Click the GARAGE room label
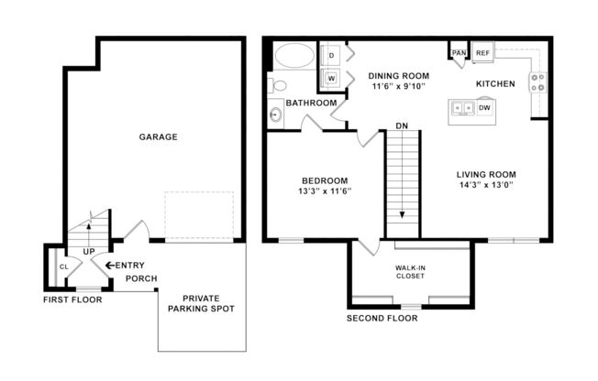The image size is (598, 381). pyautogui.click(x=158, y=137)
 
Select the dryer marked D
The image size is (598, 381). pyautogui.click(x=331, y=56)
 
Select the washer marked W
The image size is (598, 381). pyautogui.click(x=331, y=78)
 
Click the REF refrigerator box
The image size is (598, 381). pyautogui.click(x=482, y=53)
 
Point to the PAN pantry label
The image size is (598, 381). pyautogui.click(x=458, y=53)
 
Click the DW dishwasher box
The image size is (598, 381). pyautogui.click(x=484, y=108)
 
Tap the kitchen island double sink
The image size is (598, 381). pyautogui.click(x=461, y=108)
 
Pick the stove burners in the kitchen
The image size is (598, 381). pyautogui.click(x=538, y=83)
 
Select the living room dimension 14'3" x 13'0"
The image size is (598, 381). pyautogui.click(x=485, y=184)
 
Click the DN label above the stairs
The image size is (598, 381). pyautogui.click(x=402, y=125)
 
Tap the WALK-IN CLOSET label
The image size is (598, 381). pyautogui.click(x=410, y=272)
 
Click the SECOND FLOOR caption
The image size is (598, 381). pyautogui.click(x=382, y=319)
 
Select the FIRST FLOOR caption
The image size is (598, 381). pyautogui.click(x=72, y=299)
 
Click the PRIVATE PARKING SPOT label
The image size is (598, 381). pyautogui.click(x=207, y=303)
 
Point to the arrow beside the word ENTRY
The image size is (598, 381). pyautogui.click(x=110, y=266)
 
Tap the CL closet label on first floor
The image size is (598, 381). pyautogui.click(x=63, y=267)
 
